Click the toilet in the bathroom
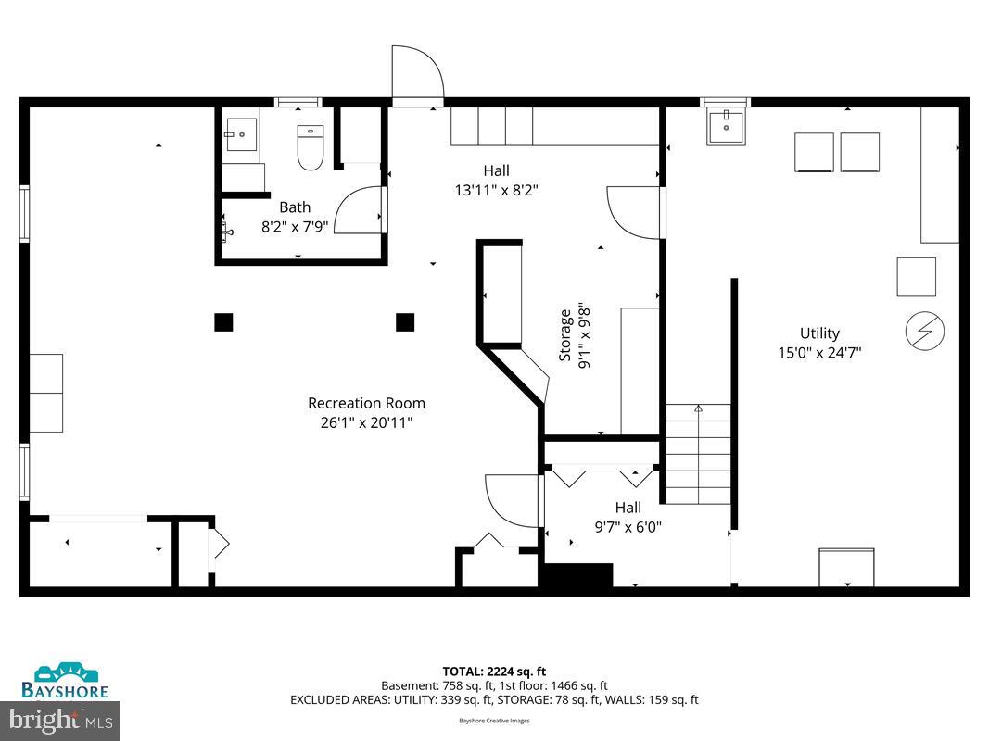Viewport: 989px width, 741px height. (x=310, y=148)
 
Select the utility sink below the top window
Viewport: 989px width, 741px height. (x=727, y=127)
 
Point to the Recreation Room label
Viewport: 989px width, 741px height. (x=366, y=403)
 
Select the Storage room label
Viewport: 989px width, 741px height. (x=564, y=335)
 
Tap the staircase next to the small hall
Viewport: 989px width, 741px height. (x=698, y=454)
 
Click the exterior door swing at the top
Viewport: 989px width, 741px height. (x=413, y=73)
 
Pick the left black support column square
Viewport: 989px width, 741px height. (x=223, y=322)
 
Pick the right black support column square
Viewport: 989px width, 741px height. (x=405, y=322)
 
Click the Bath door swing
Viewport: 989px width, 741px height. (x=357, y=210)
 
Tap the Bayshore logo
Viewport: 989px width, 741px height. (x=65, y=681)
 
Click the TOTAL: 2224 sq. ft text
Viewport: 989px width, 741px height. (x=494, y=672)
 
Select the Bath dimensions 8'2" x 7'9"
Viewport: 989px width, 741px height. (x=295, y=226)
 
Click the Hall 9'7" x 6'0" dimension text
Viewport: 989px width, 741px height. (x=628, y=527)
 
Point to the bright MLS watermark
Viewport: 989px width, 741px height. (x=60, y=718)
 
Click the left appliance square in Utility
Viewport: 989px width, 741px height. (x=814, y=153)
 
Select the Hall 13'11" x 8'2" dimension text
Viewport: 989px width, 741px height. (x=496, y=190)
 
